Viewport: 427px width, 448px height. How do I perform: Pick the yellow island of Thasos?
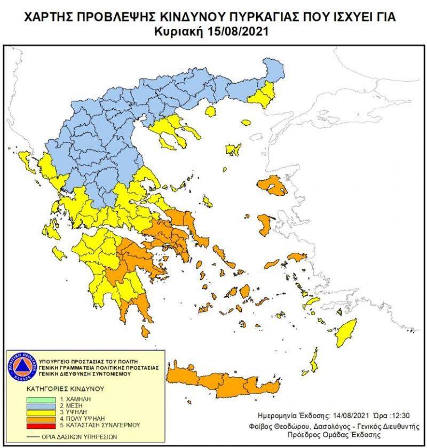[210, 111]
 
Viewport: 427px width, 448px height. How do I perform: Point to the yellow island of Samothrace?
[246, 120]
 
